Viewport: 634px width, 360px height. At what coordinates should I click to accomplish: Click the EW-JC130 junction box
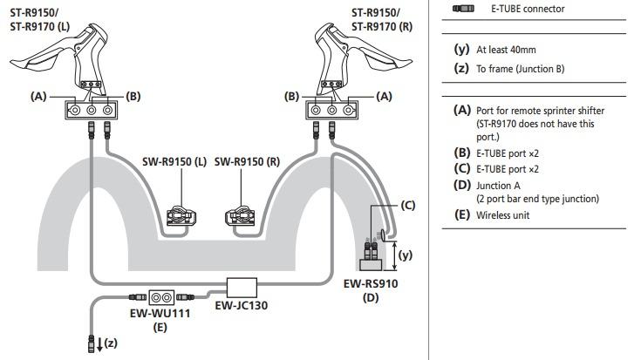(241, 287)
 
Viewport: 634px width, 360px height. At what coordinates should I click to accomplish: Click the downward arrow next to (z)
(97, 343)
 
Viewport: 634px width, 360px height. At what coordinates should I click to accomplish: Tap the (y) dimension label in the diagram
(404, 255)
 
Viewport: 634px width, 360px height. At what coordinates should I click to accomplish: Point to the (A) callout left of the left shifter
(37, 97)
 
